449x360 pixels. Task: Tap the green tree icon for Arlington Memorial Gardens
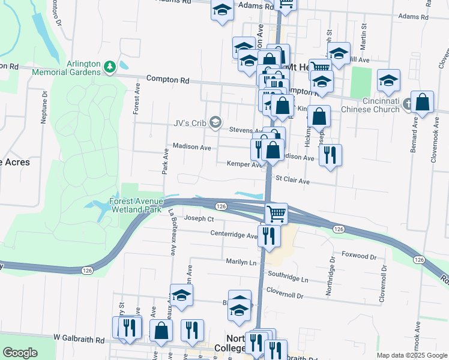click(x=109, y=66)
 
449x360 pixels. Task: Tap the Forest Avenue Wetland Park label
click(x=136, y=206)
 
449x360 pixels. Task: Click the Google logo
click(x=20, y=353)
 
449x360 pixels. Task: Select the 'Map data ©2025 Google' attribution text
click(x=412, y=355)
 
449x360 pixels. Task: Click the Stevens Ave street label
click(x=246, y=130)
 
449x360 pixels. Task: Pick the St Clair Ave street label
click(x=292, y=180)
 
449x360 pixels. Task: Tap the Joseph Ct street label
click(x=199, y=218)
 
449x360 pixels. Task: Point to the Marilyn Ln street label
click(x=241, y=262)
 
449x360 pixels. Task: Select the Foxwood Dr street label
click(x=359, y=256)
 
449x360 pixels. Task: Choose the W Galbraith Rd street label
click(x=79, y=339)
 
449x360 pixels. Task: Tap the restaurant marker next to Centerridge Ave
click(x=269, y=235)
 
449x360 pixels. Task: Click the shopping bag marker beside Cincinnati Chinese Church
click(x=423, y=103)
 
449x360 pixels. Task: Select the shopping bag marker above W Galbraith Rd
click(x=161, y=330)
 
